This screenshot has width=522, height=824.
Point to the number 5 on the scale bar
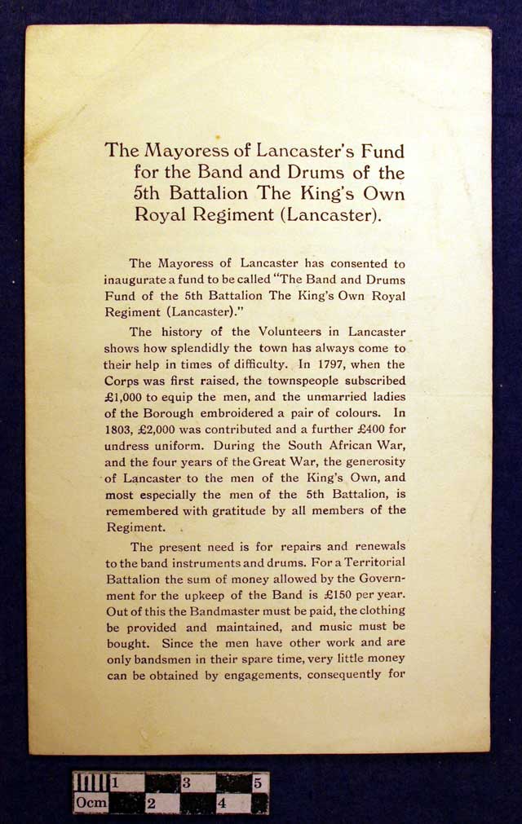257,783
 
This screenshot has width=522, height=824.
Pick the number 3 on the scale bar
186,783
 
